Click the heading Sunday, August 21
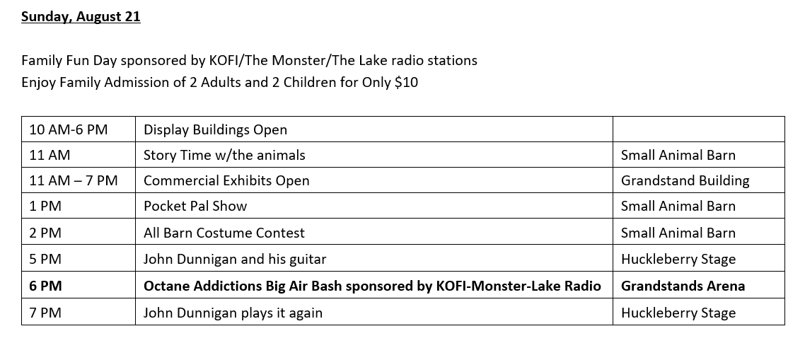pyautogui.click(x=81, y=17)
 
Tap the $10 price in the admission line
pyautogui.click(x=406, y=82)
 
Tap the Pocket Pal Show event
pyautogui.click(x=195, y=206)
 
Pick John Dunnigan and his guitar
pyautogui.click(x=235, y=260)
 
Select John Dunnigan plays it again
pyautogui.click(x=233, y=313)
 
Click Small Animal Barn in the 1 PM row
pyautogui.click(x=678, y=206)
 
